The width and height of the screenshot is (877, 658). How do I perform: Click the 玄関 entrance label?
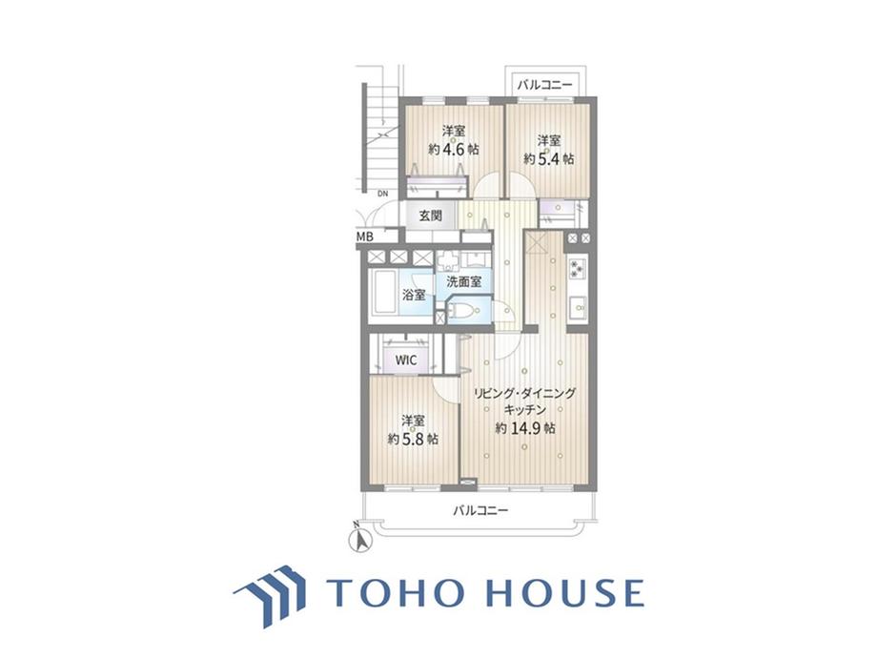point(430,216)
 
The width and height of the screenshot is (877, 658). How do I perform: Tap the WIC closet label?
point(406,360)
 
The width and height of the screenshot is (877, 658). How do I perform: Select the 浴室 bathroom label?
point(414,295)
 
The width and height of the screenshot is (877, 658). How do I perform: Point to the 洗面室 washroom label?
point(464,281)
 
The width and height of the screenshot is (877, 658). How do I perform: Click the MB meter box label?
point(365,236)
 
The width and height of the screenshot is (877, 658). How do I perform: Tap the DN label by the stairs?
point(382,195)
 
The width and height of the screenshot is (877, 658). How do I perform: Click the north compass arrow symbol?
point(360,538)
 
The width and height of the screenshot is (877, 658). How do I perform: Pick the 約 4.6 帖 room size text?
point(454,150)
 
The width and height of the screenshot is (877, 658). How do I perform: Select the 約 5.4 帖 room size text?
point(549,159)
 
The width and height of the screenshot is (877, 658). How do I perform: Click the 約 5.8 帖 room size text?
point(414,439)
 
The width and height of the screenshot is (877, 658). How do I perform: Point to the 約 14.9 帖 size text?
point(525,428)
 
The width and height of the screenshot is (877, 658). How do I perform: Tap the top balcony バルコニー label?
point(544,85)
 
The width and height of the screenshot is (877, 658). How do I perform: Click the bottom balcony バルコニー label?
point(480,510)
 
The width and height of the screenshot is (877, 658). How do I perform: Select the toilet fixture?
point(463,311)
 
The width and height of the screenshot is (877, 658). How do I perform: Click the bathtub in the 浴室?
point(385,293)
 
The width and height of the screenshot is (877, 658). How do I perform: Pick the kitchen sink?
point(578,307)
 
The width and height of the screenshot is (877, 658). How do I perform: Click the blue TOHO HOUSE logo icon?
point(270,594)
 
